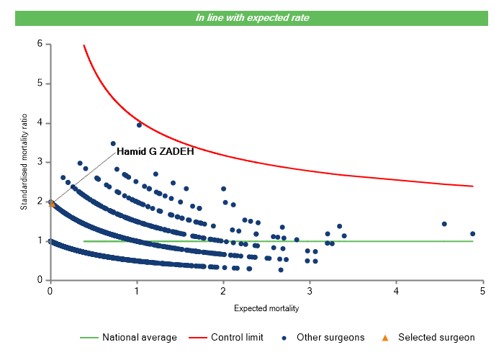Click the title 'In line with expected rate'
click(252, 17)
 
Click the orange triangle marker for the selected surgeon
click(52, 203)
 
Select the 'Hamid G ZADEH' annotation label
click(150, 152)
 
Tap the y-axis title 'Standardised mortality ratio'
click(24, 162)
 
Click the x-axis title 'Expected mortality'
click(266, 309)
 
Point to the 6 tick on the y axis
click(40, 44)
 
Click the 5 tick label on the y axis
click(40, 84)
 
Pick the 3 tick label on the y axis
click(40, 162)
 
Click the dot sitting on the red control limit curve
click(139, 125)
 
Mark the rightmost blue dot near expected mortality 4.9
click(472, 233)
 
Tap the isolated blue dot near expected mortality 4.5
click(444, 224)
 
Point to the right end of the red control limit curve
click(472, 186)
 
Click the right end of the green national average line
click(472, 241)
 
